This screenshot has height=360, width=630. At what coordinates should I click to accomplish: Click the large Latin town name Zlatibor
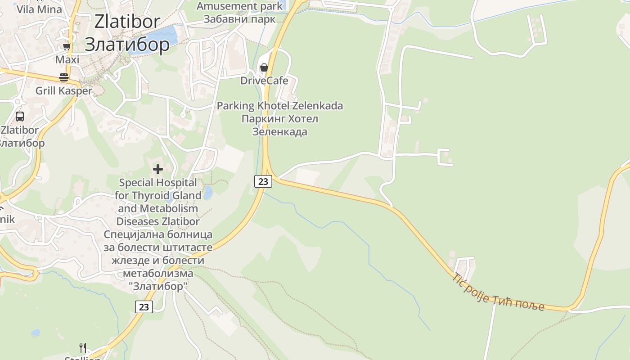coord(127,22)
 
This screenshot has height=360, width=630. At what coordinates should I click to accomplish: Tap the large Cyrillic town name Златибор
coord(127,44)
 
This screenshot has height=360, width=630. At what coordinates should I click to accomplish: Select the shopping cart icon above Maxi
coord(67,46)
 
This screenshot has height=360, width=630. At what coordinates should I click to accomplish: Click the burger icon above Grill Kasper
coord(63,77)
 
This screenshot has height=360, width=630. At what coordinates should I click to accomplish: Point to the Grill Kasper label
coord(63,90)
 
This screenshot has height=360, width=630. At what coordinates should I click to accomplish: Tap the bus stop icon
coord(20,117)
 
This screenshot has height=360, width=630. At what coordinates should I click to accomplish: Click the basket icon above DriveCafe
coord(264,67)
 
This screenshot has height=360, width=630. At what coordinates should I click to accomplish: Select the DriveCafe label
coord(264,81)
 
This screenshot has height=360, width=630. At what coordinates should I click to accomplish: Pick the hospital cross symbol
coord(158,169)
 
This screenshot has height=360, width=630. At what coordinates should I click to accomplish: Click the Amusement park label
coord(240,6)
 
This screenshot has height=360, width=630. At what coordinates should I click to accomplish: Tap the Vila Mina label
coord(40,9)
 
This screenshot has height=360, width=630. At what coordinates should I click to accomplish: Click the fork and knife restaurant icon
coord(83,347)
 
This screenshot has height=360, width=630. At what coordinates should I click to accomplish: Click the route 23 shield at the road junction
coord(263,181)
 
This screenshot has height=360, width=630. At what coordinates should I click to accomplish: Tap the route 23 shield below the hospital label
coord(144,307)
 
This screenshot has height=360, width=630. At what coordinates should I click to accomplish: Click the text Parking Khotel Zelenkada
coord(280,106)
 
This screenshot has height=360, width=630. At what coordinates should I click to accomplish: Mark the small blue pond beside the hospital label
coord(208,193)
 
